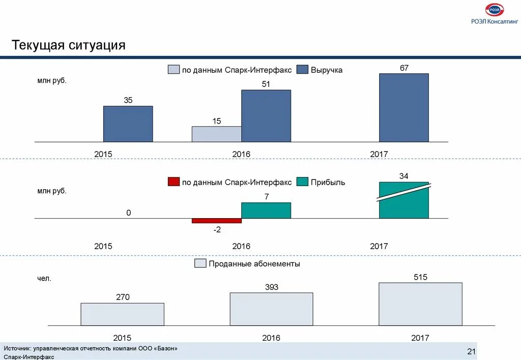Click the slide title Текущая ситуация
[x=69, y=45]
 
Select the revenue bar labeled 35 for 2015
[x=128, y=124]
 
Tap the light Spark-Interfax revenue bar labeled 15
[x=216, y=134]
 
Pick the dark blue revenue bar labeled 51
[x=266, y=116]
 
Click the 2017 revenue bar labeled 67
[x=403, y=107]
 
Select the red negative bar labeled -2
[x=216, y=221]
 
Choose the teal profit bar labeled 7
[x=266, y=211]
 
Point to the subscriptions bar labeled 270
[x=122, y=314]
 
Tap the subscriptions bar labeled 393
[x=271, y=309]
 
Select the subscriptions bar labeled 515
[x=420, y=304]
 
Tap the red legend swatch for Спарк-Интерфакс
[x=173, y=182]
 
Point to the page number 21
[x=471, y=352]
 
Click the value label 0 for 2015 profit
[x=129, y=213]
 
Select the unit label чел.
[x=44, y=279]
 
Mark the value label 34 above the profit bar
[x=403, y=176]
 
